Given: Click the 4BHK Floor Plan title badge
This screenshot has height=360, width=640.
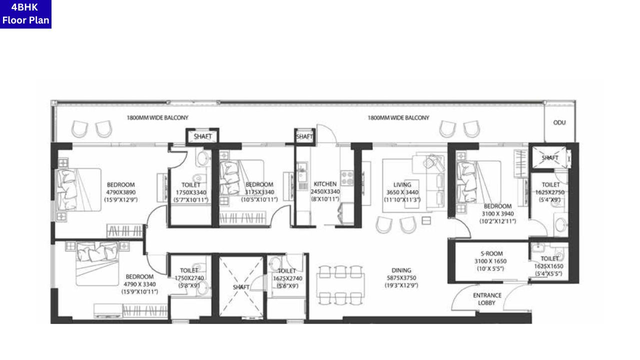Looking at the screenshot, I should [x=25, y=14].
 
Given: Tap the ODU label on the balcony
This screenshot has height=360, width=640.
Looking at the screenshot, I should [x=559, y=122].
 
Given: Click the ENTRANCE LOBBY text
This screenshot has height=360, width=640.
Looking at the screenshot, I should [x=487, y=299].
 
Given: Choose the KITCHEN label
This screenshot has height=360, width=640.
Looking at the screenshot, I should [x=325, y=184].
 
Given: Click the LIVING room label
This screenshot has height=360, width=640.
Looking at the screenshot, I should [x=402, y=185].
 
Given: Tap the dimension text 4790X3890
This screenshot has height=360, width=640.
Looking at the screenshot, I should [x=121, y=192].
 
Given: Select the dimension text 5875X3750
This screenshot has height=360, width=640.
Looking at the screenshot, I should [x=401, y=278].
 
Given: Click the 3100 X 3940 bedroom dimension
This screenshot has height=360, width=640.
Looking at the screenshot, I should [x=497, y=213].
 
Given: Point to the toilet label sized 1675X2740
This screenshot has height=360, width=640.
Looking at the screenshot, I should [x=287, y=271].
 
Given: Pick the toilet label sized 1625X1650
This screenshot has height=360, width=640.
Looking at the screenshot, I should [x=550, y=258].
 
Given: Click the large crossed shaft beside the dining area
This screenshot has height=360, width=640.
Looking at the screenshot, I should [x=241, y=286].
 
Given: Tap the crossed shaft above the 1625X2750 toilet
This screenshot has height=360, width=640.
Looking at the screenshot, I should [x=549, y=157].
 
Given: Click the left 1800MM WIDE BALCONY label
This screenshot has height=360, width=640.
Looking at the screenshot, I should [x=157, y=118].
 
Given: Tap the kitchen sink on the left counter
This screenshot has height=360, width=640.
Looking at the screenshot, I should [x=301, y=175].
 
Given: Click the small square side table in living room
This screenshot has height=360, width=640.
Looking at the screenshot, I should [x=426, y=220].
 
